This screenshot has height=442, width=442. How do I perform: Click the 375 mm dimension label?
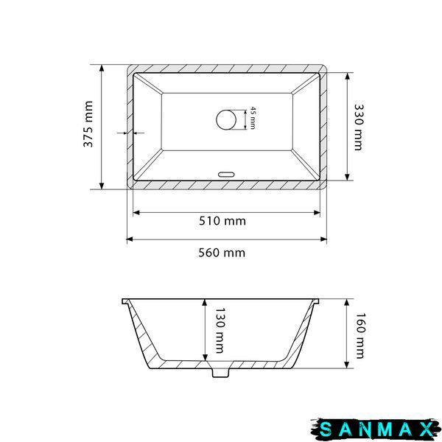[88, 124]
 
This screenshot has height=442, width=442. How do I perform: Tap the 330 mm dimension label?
[359, 127]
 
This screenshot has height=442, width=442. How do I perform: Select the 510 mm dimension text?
[222, 221]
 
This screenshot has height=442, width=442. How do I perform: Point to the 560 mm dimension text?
[222, 253]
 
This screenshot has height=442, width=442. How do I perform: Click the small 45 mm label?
[253, 118]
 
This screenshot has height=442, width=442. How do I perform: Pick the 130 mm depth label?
[220, 330]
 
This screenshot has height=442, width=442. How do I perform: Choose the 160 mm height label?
[360, 335]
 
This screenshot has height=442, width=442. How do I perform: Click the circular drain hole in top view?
[226, 120]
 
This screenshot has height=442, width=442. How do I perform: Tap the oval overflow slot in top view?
[226, 174]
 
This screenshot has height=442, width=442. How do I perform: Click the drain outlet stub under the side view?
[221, 372]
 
